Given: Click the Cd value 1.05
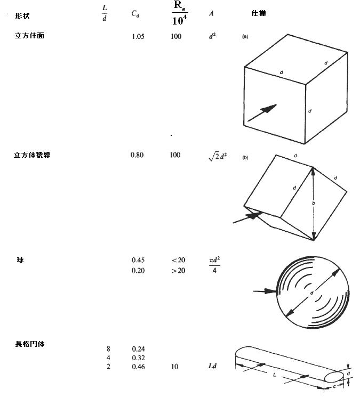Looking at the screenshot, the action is (138, 37).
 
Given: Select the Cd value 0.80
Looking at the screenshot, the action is (137, 155).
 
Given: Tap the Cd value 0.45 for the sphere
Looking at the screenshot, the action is (138, 260).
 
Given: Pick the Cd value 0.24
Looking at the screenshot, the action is (138, 349).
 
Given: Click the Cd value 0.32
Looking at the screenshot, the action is (138, 358).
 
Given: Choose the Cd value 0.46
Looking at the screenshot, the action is (138, 367).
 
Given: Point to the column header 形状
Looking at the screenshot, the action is (22, 16).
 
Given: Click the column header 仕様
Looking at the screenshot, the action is (259, 13).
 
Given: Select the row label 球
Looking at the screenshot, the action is (20, 260).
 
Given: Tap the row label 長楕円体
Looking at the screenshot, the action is (29, 344).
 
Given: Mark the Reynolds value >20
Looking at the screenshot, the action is (178, 271).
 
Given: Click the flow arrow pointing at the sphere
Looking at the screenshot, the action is (265, 291).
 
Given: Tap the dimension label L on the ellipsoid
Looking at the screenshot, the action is (274, 375).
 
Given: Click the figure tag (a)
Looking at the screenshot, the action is (245, 37).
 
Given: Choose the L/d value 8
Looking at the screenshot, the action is (109, 349).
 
